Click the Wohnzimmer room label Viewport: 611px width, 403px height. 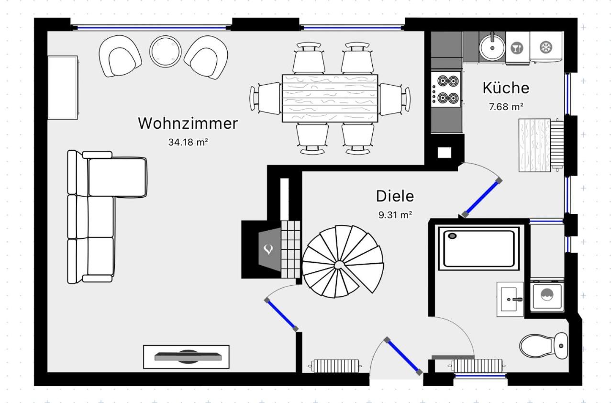pos(188,123)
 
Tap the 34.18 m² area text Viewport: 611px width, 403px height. pos(188,142)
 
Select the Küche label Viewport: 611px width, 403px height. pos(506,88)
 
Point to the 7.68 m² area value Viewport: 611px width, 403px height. pos(506,107)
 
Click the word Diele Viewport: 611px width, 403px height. pos(395,196)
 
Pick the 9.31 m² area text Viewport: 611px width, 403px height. pos(395,215)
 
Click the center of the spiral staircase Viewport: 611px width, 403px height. pos(339,265)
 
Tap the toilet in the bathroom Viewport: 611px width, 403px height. pos(544,346)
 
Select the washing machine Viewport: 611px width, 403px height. pos(547,295)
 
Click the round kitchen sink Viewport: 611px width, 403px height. pos(492,48)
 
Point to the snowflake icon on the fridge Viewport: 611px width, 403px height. pos(546,47)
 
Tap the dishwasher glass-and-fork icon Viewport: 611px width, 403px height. pos(517,48)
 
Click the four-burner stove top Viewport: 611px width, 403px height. pos(446,89)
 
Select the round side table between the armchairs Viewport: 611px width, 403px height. pos(165,51)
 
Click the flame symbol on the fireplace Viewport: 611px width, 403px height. pos(268,249)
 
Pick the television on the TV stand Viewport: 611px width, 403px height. pos(188,357)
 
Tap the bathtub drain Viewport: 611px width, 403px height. pos(452,236)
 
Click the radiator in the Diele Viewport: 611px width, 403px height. pos(335,366)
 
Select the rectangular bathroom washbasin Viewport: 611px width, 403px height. pos(510,299)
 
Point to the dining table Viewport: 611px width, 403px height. pos(330,98)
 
